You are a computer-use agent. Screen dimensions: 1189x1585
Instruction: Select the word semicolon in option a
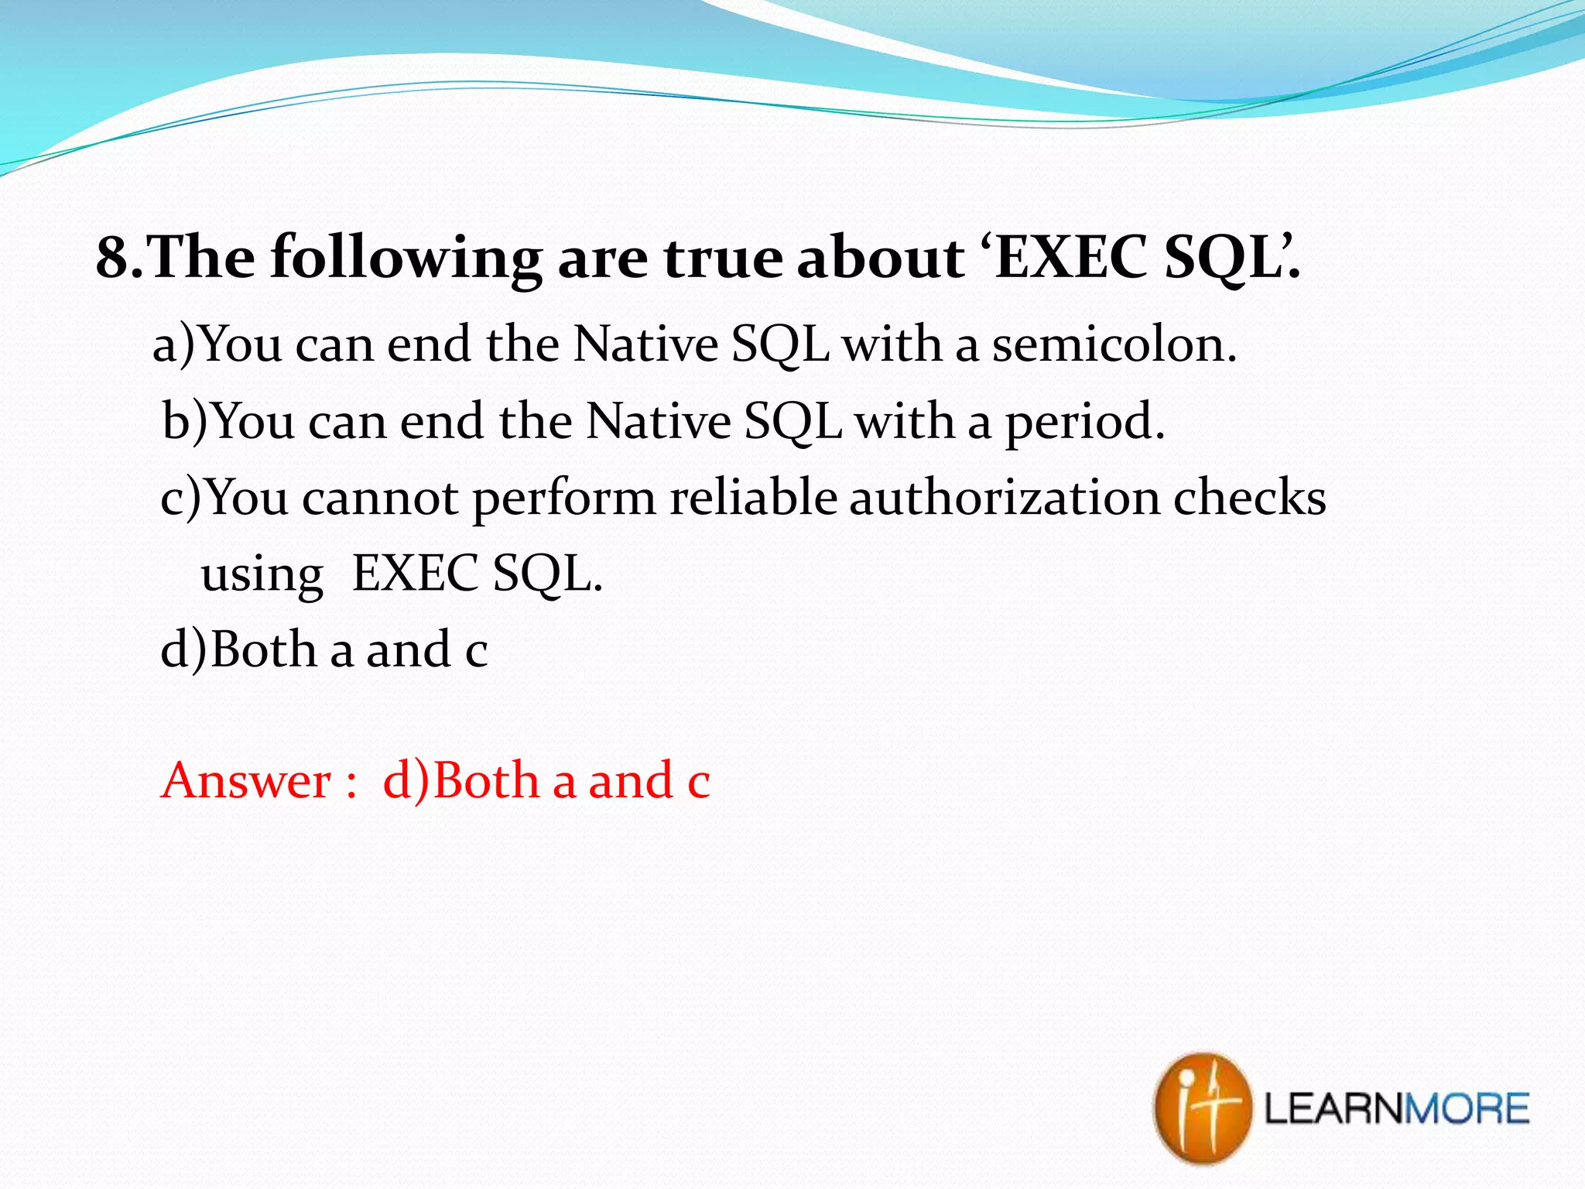tap(1114, 344)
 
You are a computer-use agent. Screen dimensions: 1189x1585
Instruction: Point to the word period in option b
tap(1083, 423)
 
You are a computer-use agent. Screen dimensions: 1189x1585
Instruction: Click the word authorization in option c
tap(1004, 497)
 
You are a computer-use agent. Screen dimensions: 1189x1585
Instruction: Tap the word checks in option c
tap(1249, 497)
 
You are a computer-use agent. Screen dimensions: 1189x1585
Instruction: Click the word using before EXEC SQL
tap(262, 576)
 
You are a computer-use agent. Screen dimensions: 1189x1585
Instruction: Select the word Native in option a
tap(645, 344)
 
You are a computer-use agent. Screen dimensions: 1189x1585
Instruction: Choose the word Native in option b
tap(658, 422)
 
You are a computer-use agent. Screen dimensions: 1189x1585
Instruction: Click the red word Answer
tap(247, 780)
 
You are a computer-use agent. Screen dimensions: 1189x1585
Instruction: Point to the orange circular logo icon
tap(1202, 1108)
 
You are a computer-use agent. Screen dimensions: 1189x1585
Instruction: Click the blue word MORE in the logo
tap(1467, 1108)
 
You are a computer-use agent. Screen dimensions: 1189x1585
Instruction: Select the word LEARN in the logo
tap(1333, 1108)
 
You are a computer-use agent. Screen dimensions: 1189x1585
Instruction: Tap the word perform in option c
tap(564, 499)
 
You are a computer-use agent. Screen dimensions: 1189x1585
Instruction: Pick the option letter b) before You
tap(185, 422)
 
